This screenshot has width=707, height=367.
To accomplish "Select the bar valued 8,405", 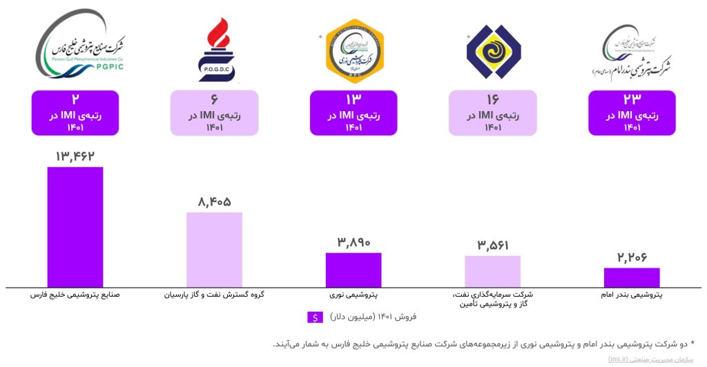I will pyautogui.click(x=214, y=249).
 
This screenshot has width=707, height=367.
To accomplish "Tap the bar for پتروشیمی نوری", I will pyautogui.click(x=353, y=270).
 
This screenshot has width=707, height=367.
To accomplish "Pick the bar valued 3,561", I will pyautogui.click(x=492, y=271).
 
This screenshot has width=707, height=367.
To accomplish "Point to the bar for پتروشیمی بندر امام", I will pyautogui.click(x=632, y=277).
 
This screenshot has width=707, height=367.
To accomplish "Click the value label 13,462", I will pyautogui.click(x=75, y=157).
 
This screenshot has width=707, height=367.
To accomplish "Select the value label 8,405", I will pyautogui.click(x=214, y=202).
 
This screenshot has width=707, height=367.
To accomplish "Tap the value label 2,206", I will pyautogui.click(x=632, y=258).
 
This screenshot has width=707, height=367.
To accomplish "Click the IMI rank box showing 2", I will pyautogui.click(x=75, y=112).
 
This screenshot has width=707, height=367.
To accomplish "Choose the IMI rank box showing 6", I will pyautogui.click(x=214, y=112).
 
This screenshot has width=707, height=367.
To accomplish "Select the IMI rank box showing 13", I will pyautogui.click(x=353, y=112).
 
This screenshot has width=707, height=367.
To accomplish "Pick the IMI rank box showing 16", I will pyautogui.click(x=492, y=112).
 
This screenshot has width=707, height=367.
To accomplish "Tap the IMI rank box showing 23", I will pyautogui.click(x=632, y=112).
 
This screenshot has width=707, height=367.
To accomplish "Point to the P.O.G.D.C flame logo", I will pyautogui.click(x=216, y=50).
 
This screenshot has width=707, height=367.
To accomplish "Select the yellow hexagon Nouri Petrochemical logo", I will pyautogui.click(x=353, y=49).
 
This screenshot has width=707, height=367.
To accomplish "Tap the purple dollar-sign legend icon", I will pyautogui.click(x=315, y=317).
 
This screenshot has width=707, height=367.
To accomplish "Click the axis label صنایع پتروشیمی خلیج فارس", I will pyautogui.click(x=75, y=295).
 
